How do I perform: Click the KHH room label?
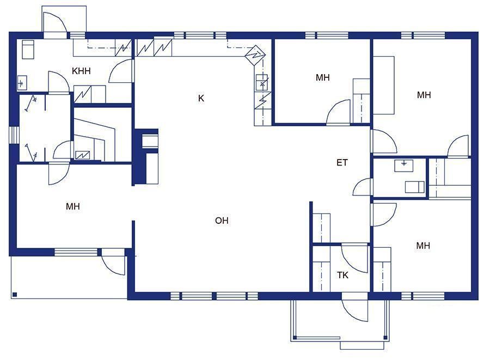(x=81, y=71)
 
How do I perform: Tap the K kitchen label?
(x=201, y=99)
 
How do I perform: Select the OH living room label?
(x=222, y=221)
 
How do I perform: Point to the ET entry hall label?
(x=342, y=162)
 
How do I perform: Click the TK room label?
(x=342, y=275)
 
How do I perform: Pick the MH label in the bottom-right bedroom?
(x=423, y=246)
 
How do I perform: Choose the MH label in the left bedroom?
(x=73, y=206)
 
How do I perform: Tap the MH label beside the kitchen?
(x=322, y=77)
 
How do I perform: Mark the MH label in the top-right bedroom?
(x=424, y=95)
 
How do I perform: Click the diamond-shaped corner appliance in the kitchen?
(x=255, y=56)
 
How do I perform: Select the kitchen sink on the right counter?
(x=262, y=82)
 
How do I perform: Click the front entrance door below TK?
(x=354, y=307)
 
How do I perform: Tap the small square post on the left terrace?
(x=15, y=295)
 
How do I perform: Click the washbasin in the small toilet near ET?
(x=404, y=166)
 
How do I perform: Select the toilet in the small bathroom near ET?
(x=415, y=187)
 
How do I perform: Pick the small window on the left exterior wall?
(x=14, y=135)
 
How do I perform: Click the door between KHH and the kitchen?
(x=121, y=71)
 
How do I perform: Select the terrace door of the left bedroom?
(x=113, y=262)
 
